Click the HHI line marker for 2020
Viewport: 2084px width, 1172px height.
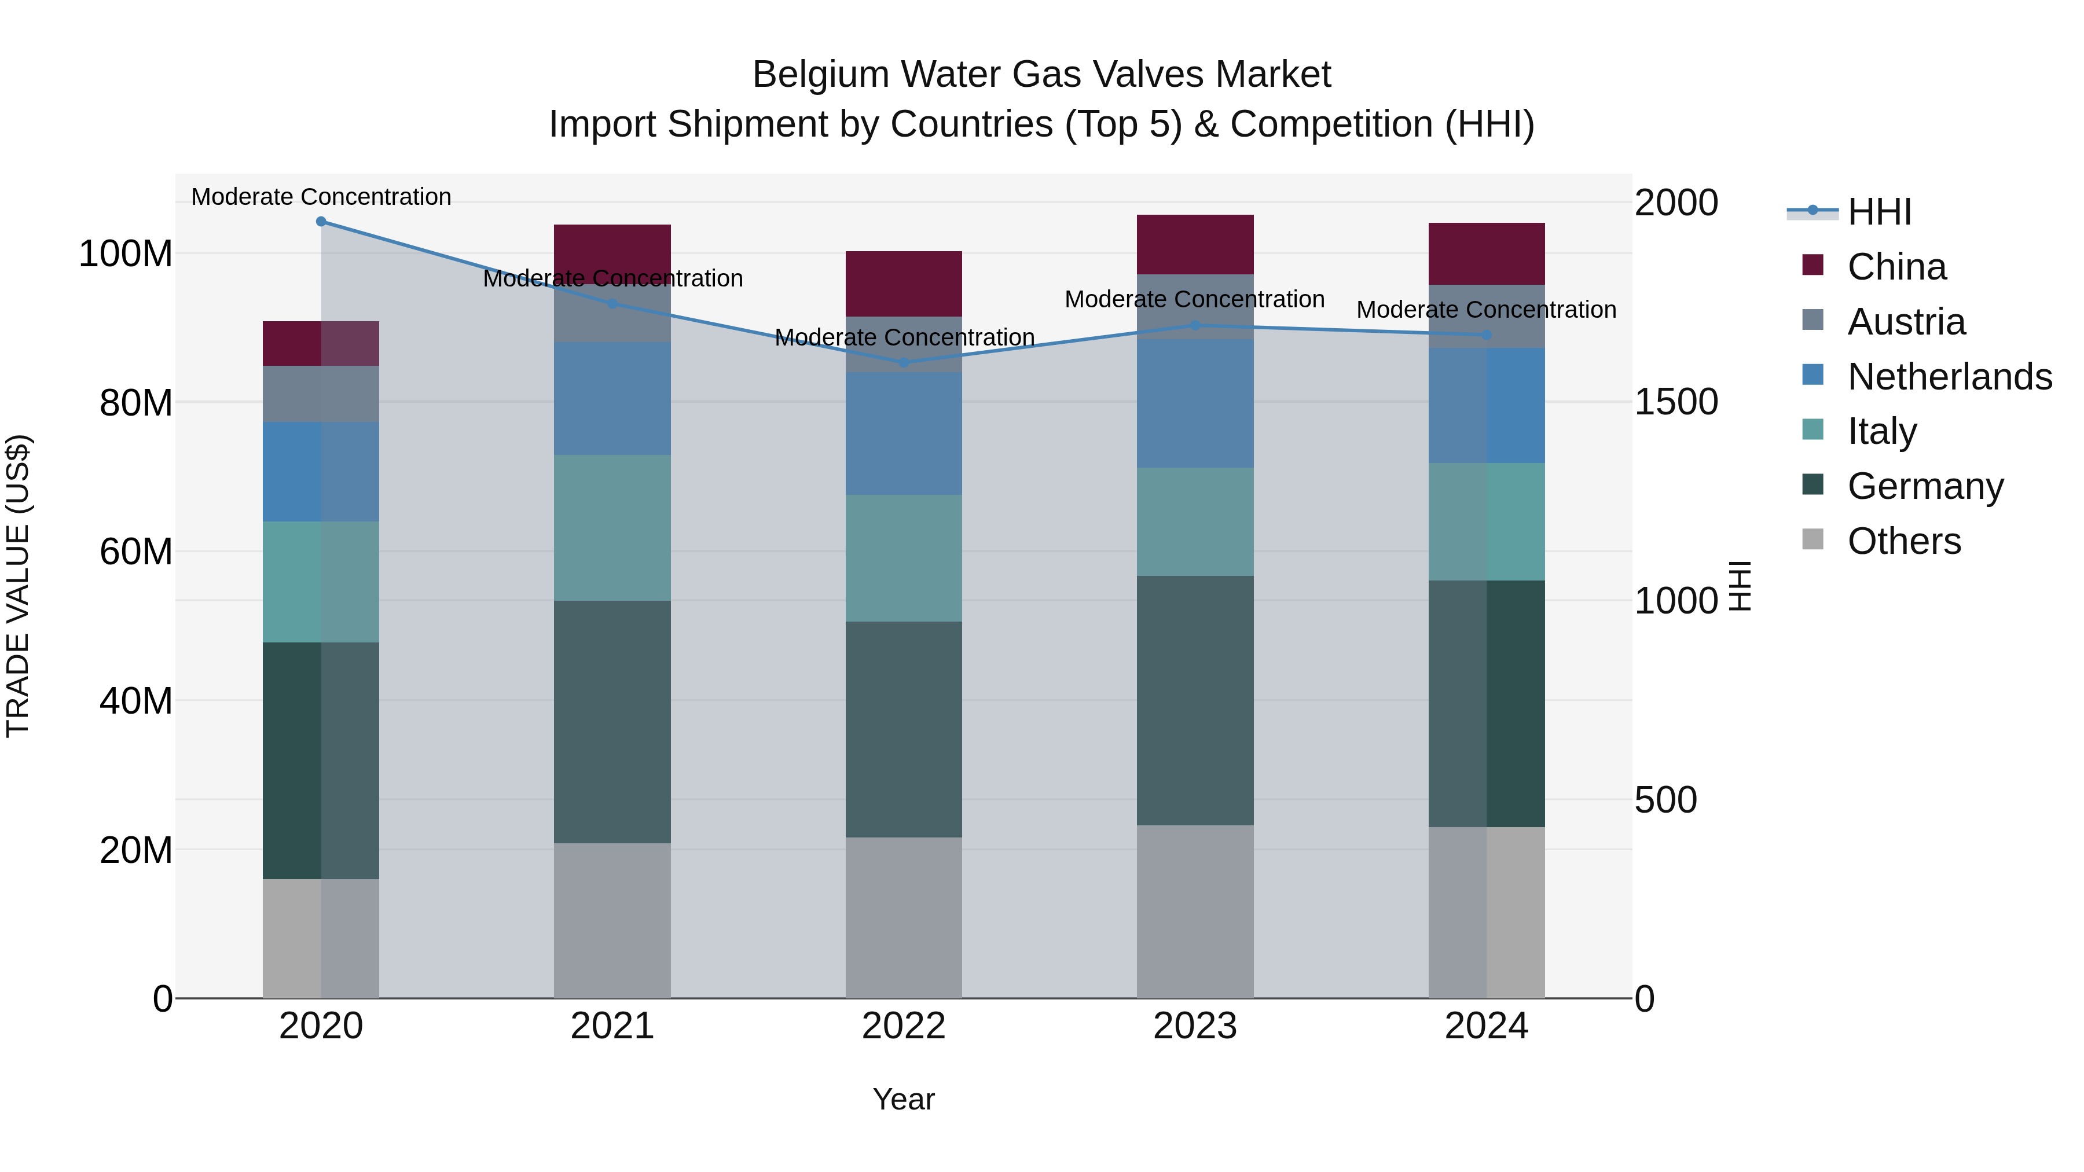pos(321,222)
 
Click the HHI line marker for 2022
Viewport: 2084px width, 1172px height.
pos(904,362)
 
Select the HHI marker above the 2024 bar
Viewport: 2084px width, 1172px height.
pos(1487,335)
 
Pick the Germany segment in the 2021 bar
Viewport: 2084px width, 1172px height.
pos(612,722)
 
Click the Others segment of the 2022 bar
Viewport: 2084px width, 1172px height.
pos(904,917)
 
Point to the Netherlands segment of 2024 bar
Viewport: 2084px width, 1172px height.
pos(1487,405)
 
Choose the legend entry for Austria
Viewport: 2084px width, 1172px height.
pos(1906,322)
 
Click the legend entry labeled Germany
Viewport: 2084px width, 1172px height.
pos(1925,486)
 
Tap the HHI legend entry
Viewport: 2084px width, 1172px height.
pos(1878,212)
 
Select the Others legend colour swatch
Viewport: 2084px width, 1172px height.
pos(1813,539)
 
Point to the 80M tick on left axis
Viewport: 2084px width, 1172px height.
pos(136,403)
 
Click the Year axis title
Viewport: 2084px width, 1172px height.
pos(904,1099)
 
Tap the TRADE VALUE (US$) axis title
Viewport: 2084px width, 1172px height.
pos(19,586)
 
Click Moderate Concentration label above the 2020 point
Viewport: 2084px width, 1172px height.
pos(321,197)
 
